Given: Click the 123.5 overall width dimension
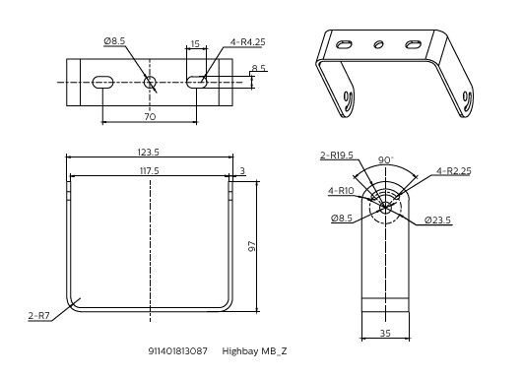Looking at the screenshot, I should pos(149,153).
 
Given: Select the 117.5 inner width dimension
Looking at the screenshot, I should pos(149,170).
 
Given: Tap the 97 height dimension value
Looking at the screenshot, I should pos(253,245).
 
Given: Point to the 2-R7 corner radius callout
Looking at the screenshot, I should pos(40,316).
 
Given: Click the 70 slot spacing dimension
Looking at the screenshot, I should pos(150,116).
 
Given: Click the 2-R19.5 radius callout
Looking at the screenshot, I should pos(336,155).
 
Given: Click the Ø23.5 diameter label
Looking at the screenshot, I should pos(438,219).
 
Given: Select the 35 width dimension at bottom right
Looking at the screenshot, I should pos(386,334).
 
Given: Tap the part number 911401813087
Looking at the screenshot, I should pos(178,350).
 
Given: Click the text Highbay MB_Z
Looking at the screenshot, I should pos(254,350).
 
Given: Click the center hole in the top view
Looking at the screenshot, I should pos(150,83).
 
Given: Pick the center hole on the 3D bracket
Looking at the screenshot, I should pos(378,44).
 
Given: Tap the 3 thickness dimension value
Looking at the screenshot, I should pos(242,170).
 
